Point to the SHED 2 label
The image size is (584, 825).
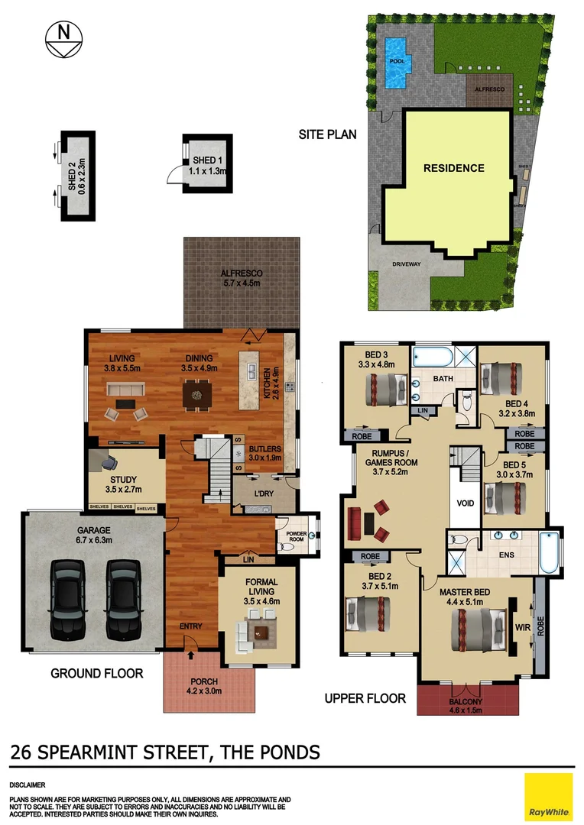pyautogui.click(x=76, y=176)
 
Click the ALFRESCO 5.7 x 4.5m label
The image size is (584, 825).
pyautogui.click(x=242, y=278)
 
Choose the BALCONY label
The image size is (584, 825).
pyautogui.click(x=466, y=706)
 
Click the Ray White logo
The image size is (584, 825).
pyautogui.click(x=548, y=797)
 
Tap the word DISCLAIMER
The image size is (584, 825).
pyautogui.click(x=28, y=785)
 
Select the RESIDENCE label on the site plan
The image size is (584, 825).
pyautogui.click(x=454, y=168)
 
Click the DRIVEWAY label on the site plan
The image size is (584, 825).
pyautogui.click(x=406, y=264)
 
